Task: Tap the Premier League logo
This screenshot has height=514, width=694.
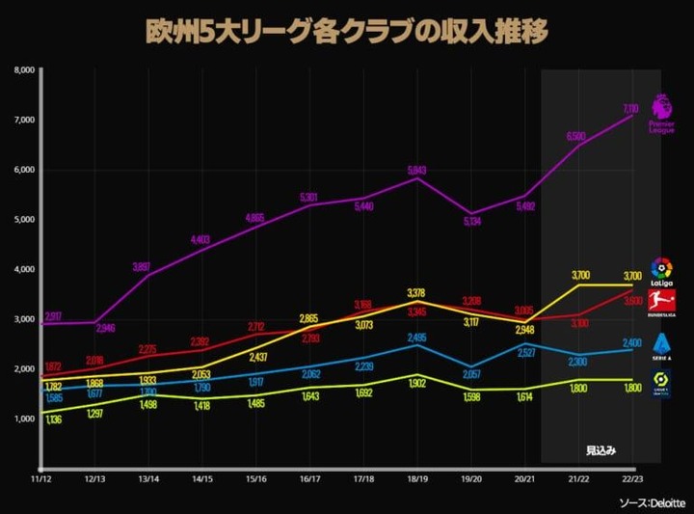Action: pos(661,113)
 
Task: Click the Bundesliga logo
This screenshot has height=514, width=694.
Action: pos(661,302)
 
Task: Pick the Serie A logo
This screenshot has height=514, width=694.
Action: pos(661,344)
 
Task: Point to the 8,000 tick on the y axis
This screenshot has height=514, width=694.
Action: pos(24,70)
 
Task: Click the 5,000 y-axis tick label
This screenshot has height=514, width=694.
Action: pos(24,220)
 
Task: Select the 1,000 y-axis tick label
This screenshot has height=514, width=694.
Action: pos(24,419)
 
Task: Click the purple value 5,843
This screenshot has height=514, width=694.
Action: pos(417,170)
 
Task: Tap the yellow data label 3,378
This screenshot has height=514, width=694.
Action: pos(415,293)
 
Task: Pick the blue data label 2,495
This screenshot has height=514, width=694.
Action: pos(415,338)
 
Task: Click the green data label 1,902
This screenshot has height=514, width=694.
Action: pos(415,382)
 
